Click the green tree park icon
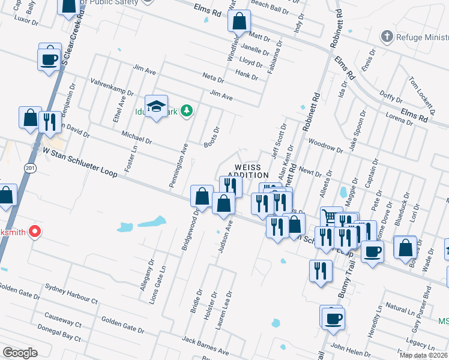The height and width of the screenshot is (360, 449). pyautogui.click(x=187, y=110)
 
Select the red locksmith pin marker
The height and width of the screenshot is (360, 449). pyautogui.click(x=35, y=231)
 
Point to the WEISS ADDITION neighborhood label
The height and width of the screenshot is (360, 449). pyautogui.click(x=250, y=171)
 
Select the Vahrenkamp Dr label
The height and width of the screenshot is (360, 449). pyautogui.click(x=112, y=87)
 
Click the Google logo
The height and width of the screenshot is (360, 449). pyautogui.click(x=20, y=352)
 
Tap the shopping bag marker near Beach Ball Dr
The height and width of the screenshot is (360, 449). pyautogui.click(x=239, y=21)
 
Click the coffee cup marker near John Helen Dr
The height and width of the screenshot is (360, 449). pyautogui.click(x=333, y=317)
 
